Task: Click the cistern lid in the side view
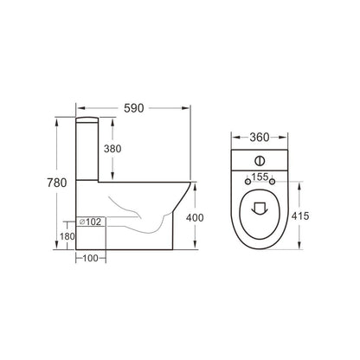click(x=90, y=115)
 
